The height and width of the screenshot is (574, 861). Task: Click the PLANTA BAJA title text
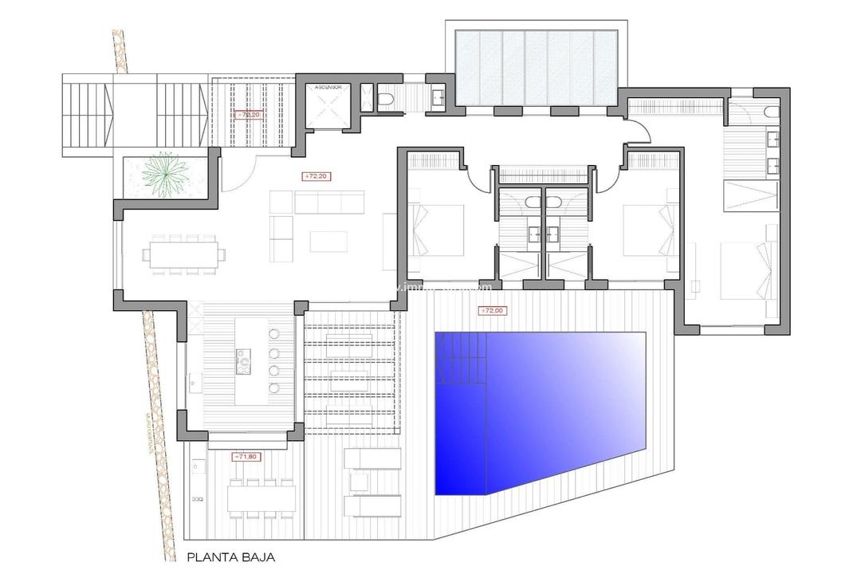230,559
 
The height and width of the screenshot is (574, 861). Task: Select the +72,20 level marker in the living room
316,175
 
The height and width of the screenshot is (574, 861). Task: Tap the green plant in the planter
167,175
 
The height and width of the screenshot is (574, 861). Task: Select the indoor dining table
183,256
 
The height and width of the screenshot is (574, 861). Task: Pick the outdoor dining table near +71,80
262,498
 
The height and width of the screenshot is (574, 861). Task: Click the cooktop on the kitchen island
242,361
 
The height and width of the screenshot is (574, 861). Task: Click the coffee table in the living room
328,241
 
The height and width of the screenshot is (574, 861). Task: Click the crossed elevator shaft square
327,108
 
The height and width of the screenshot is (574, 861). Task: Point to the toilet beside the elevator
385,99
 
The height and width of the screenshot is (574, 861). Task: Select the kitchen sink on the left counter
194,382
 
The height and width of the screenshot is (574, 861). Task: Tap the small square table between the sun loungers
359,482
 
